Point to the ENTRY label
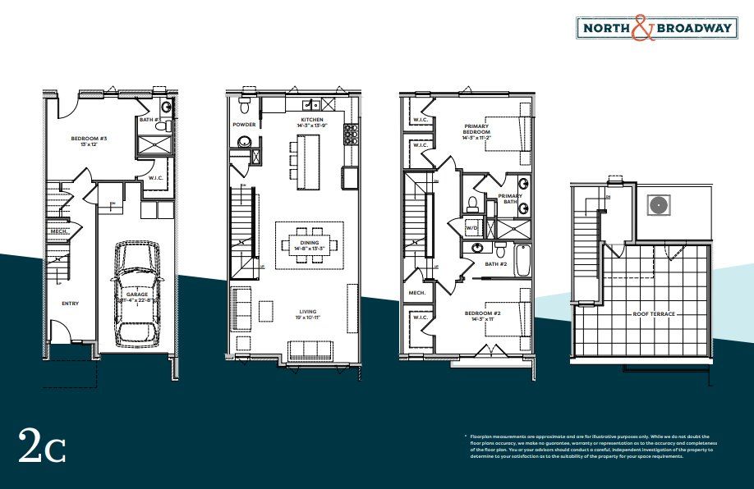click(70, 303)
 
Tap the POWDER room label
click(244, 125)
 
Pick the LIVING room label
click(308, 312)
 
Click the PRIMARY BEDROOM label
click(476, 130)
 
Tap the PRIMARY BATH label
click(510, 198)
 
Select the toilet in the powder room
click(244, 107)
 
